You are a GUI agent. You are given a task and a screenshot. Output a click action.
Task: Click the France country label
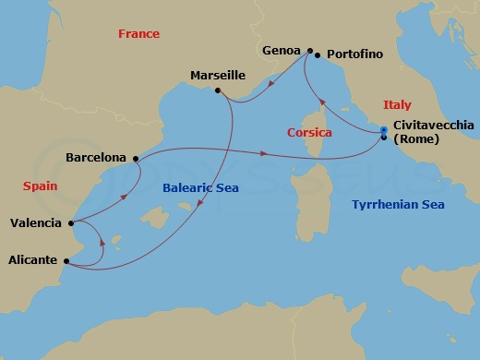click(x=138, y=34)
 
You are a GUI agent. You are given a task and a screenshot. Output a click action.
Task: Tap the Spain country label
click(x=40, y=186)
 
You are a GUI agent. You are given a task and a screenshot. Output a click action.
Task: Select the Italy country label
click(x=397, y=105)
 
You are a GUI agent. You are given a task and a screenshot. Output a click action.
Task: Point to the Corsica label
click(x=309, y=133)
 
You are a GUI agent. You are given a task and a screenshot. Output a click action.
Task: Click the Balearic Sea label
click(x=200, y=187)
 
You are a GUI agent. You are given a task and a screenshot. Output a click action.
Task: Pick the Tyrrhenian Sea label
click(x=397, y=205)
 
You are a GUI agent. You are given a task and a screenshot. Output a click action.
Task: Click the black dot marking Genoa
click(x=310, y=51)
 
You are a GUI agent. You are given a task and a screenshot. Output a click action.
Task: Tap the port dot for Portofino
click(x=318, y=56)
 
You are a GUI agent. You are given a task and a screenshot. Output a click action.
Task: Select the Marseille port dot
click(x=217, y=90)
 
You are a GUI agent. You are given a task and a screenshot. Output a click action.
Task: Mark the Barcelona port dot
click(x=137, y=159)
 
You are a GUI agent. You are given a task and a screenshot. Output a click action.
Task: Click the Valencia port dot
click(x=71, y=222)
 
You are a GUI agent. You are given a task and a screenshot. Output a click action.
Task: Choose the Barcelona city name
click(x=96, y=158)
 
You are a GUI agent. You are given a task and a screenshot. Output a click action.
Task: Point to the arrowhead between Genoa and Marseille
click(x=269, y=87)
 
